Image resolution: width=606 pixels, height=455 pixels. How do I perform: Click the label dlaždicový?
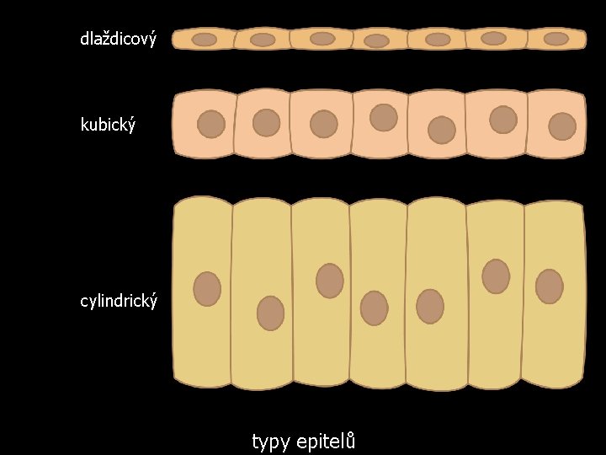[119, 39]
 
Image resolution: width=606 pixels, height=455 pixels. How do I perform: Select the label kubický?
[109, 125]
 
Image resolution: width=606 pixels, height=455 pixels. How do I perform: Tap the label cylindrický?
[119, 301]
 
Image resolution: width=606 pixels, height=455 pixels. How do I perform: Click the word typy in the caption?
[270, 442]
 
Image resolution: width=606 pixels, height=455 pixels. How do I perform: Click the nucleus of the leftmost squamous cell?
[204, 40]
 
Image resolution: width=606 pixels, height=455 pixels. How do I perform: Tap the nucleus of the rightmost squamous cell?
[556, 39]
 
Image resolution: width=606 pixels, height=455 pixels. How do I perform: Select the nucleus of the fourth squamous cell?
[376, 41]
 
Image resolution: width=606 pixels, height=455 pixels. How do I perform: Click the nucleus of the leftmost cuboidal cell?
[211, 124]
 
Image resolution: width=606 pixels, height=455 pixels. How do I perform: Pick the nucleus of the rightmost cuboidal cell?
[562, 126]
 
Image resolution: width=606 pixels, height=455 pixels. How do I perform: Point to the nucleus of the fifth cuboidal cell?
[442, 131]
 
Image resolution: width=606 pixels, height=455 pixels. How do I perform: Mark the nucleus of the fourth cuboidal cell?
[384, 118]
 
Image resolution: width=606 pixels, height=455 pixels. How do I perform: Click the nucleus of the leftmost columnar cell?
[207, 289]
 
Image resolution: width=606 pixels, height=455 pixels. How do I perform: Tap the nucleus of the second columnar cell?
[270, 313]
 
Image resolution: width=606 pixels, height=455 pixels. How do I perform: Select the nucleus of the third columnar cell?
[330, 281]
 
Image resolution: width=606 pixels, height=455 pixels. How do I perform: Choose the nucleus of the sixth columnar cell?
[496, 276]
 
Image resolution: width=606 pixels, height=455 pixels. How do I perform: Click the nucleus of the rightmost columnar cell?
[550, 286]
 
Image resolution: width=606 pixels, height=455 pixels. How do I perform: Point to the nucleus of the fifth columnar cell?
[430, 307]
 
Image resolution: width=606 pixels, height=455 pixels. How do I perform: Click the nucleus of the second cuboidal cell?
[266, 123]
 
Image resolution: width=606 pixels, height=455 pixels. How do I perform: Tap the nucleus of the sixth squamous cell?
[493, 38]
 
